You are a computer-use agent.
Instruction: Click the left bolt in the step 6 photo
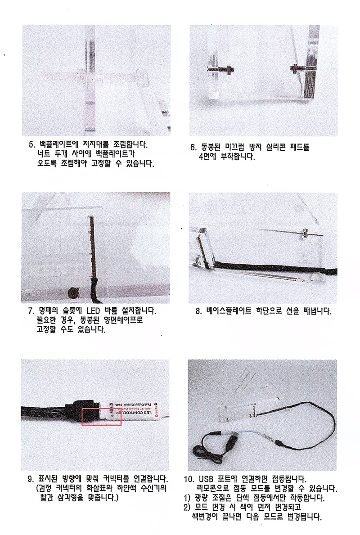tap(221, 69)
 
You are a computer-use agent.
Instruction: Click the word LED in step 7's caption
tap(93, 311)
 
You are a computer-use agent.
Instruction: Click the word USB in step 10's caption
tap(206, 479)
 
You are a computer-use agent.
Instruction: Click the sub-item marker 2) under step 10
tap(187, 508)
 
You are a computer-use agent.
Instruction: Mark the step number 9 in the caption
tap(30, 479)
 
